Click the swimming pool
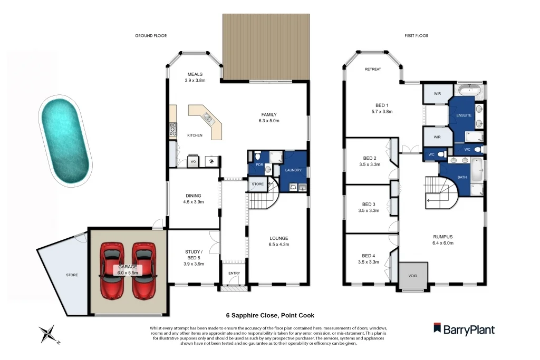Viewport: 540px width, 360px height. (x=65, y=140)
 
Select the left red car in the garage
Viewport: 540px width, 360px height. (x=112, y=269)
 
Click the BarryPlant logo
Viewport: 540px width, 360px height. (x=465, y=329)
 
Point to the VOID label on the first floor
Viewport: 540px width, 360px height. (x=412, y=275)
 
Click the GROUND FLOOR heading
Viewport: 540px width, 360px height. (x=151, y=36)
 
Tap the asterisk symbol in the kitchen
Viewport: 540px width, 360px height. (x=212, y=161)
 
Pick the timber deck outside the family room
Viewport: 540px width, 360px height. (x=265, y=47)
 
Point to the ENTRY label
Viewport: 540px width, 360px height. (x=234, y=273)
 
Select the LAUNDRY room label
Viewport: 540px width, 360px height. (x=293, y=170)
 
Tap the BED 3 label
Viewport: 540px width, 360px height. (x=369, y=205)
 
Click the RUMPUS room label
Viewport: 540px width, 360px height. (x=442, y=237)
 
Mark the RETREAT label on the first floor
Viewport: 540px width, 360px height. (x=373, y=69)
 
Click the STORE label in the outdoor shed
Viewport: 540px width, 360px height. (x=71, y=274)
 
